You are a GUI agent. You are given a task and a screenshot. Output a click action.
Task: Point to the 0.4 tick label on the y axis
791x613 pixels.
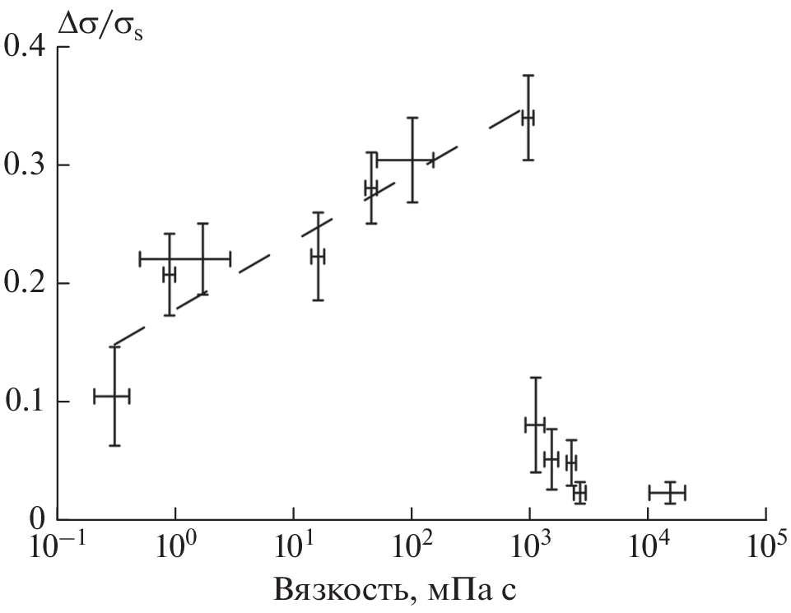[26, 47]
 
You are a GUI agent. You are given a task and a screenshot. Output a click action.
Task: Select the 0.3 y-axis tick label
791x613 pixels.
[26, 165]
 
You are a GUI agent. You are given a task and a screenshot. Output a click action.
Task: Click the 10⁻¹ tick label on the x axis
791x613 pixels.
[55, 547]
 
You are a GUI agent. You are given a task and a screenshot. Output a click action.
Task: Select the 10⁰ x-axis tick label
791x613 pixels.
[175, 547]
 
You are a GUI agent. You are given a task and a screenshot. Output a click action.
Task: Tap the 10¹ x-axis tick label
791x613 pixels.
[293, 547]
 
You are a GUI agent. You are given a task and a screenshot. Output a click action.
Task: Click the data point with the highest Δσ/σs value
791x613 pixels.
[528, 118]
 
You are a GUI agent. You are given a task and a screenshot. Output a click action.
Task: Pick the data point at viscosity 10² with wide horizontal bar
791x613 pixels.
[412, 160]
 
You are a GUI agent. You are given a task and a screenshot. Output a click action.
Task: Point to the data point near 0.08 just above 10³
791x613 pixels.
[535, 425]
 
